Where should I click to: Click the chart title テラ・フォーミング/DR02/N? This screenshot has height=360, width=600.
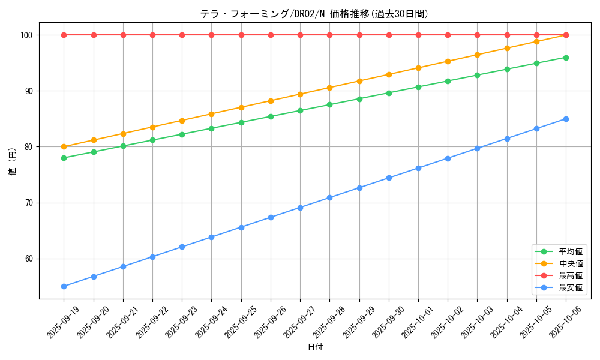pos(314,14)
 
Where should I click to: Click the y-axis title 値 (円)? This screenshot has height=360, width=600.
pos(13,161)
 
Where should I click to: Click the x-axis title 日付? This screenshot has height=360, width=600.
pos(315,347)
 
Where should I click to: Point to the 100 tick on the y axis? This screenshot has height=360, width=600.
pos(28,35)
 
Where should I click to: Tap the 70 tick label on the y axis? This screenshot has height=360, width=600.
pos(29,203)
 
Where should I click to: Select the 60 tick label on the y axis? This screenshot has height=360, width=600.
pos(29,259)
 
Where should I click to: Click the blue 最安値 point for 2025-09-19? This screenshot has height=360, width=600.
pos(64,286)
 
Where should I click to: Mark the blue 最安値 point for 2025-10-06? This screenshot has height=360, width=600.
pos(566,119)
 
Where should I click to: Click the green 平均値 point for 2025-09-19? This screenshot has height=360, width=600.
pos(64,158)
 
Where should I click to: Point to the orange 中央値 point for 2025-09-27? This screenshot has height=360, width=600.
pos(300,94)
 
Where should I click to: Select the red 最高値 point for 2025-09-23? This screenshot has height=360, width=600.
pos(182,35)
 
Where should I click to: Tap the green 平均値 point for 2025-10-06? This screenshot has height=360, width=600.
pos(566,58)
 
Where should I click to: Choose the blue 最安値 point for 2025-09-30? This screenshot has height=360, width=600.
pos(389,178)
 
